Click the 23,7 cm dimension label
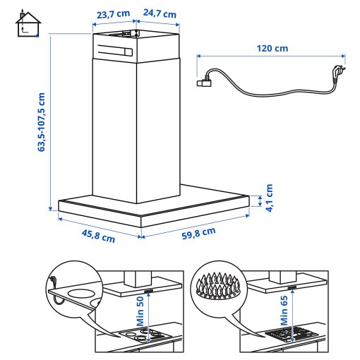pos(113,13)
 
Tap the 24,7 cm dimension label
pos(161,13)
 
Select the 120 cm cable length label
pos(272,49)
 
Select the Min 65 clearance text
pos(284,309)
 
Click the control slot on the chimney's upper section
pos(115,51)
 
